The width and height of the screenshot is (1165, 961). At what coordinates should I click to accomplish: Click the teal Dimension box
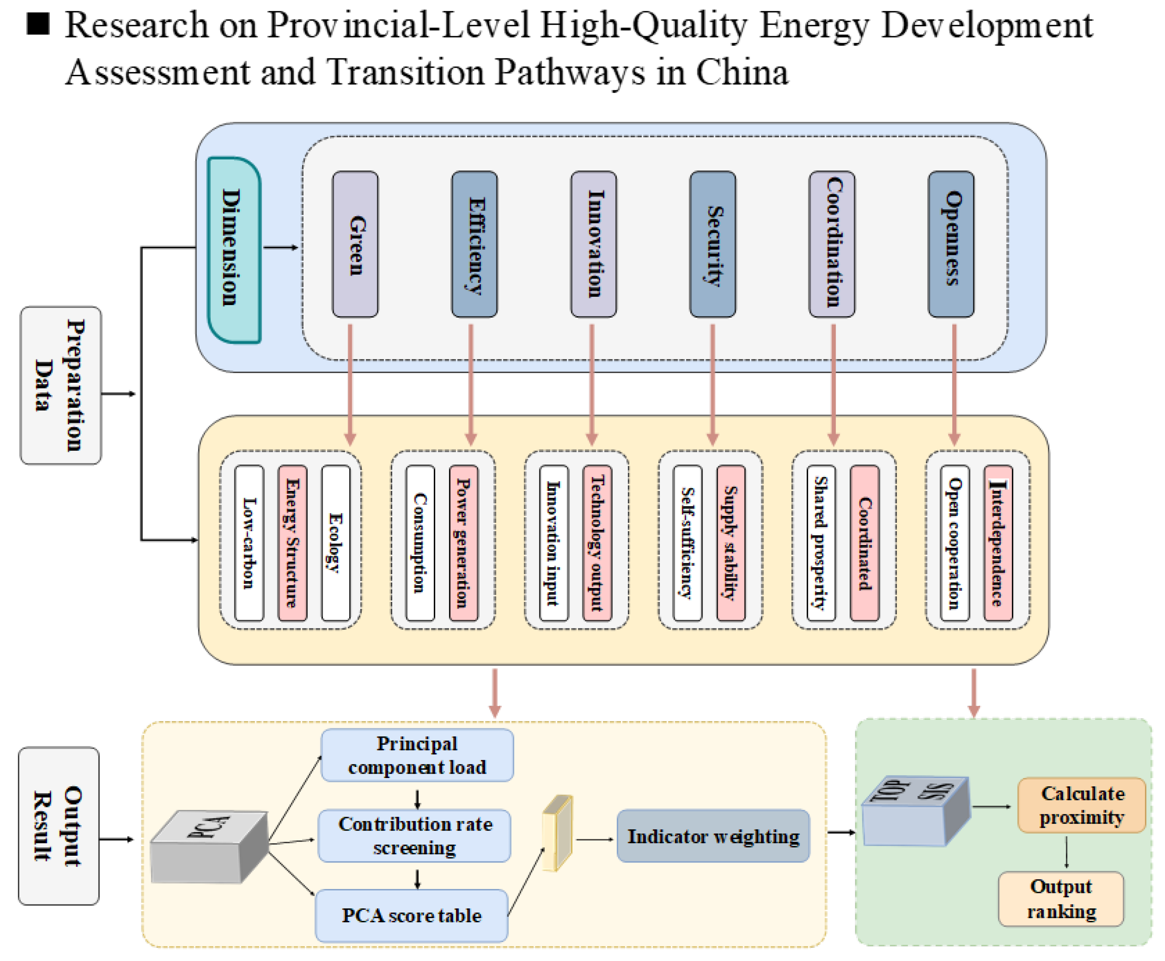click(234, 250)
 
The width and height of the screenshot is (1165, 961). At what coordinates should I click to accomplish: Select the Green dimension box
click(355, 244)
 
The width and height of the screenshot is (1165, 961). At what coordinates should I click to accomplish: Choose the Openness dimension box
click(951, 244)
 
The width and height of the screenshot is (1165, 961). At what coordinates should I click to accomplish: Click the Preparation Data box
click(61, 385)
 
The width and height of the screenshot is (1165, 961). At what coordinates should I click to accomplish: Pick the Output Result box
click(59, 826)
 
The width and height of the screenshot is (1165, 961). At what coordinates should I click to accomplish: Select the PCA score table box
click(412, 916)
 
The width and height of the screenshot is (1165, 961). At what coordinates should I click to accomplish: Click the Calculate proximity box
click(1082, 805)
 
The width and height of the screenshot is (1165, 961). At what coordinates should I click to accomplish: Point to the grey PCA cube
click(209, 846)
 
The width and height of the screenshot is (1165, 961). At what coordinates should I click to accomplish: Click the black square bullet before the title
click(38, 24)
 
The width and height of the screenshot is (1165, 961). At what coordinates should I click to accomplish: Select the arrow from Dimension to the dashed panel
click(281, 247)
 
